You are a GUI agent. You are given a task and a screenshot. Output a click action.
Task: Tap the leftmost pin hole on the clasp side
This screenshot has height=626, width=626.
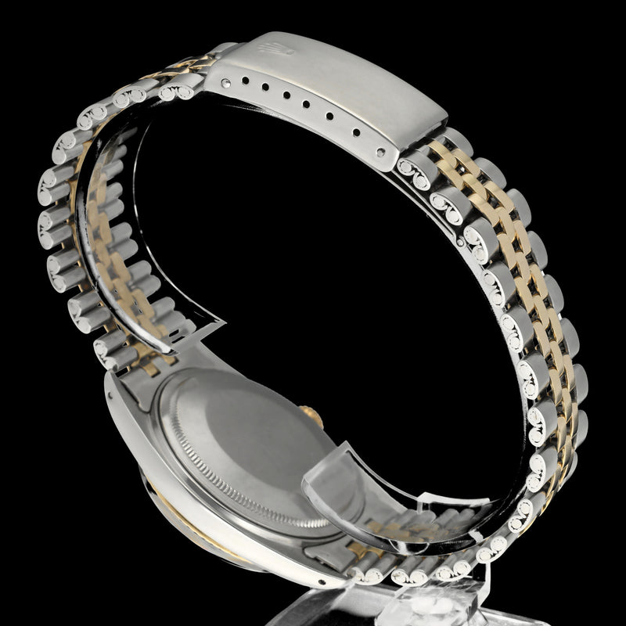[x=227, y=80]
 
